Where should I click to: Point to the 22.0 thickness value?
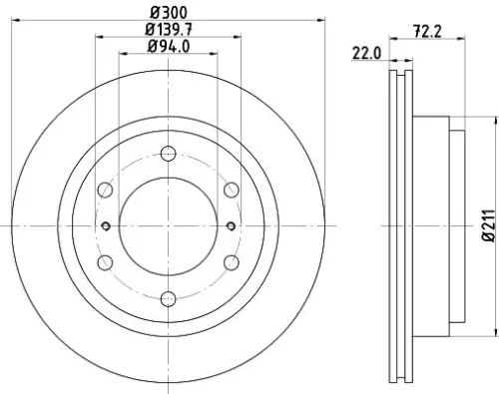pyautogui.click(x=366, y=53)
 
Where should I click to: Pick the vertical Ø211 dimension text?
pyautogui.click(x=489, y=224)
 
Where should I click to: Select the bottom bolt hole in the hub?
pyautogui.click(x=168, y=296)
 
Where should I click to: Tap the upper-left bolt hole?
pyautogui.click(x=106, y=189)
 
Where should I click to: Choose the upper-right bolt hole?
pyautogui.click(x=230, y=189)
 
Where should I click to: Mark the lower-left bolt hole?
pyautogui.click(x=106, y=260)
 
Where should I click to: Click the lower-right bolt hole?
pyautogui.click(x=230, y=260)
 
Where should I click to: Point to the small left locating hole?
pyautogui.click(x=103, y=224)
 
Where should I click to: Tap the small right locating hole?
pyautogui.click(x=233, y=224)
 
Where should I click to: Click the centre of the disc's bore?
pyautogui.click(x=168, y=224)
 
